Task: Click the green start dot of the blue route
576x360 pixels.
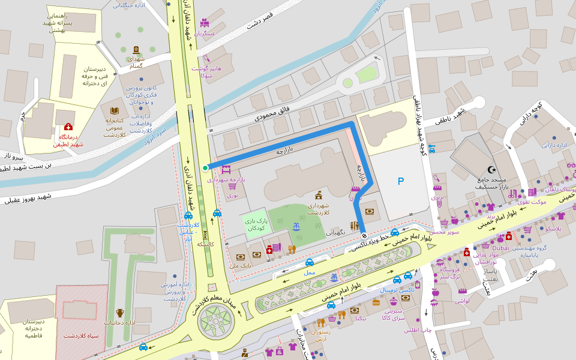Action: click(x=205, y=168)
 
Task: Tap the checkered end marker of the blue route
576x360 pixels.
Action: click(x=364, y=236)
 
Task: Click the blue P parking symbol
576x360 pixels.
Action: click(x=401, y=181)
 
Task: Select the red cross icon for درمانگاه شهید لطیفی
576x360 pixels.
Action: click(x=68, y=127)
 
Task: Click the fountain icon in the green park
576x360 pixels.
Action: click(x=295, y=227)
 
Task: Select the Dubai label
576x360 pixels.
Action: click(x=500, y=247)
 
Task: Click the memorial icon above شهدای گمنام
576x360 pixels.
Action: click(x=136, y=50)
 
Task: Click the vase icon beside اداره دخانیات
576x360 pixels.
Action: click(x=120, y=313)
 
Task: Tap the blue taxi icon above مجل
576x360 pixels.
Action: click(x=310, y=262)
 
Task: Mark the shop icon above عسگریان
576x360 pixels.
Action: click(x=205, y=23)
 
